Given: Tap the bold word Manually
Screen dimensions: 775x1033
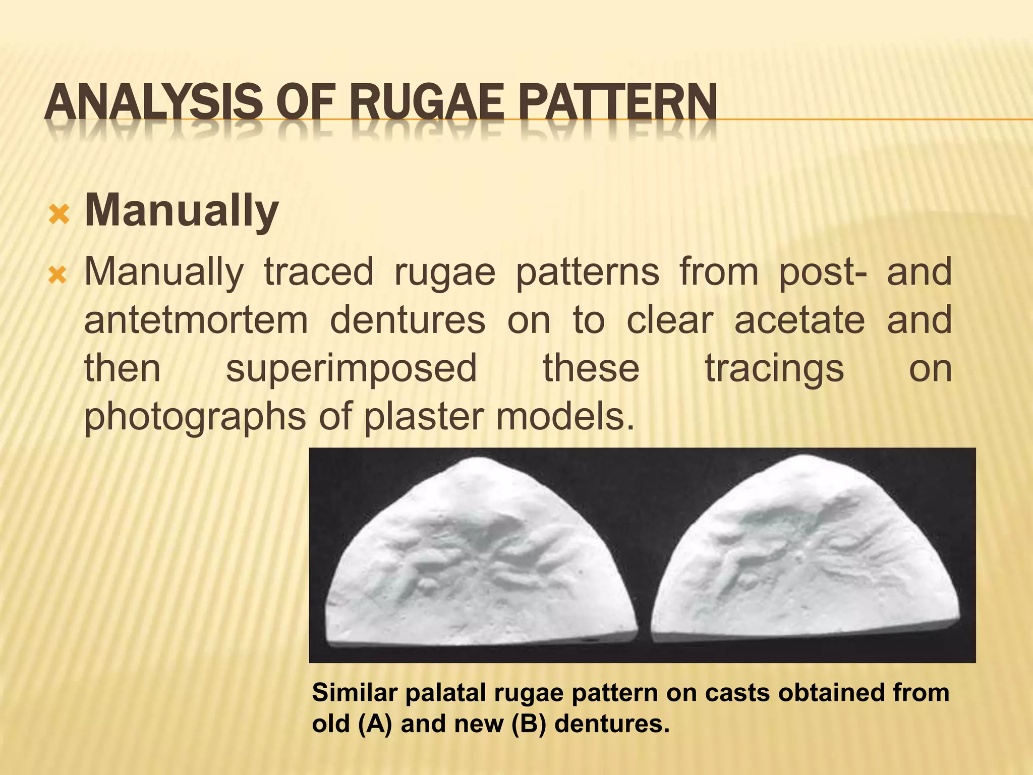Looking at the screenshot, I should pos(182,211).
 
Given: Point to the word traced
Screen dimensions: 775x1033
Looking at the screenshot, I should pos(318,272).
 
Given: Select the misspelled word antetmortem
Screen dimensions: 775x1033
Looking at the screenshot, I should pos(196,320).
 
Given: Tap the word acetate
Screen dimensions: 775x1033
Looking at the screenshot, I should pos(799,320).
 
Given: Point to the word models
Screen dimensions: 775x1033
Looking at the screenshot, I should pos(565,417).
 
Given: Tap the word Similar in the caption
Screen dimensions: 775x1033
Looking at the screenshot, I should pos(355,692).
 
